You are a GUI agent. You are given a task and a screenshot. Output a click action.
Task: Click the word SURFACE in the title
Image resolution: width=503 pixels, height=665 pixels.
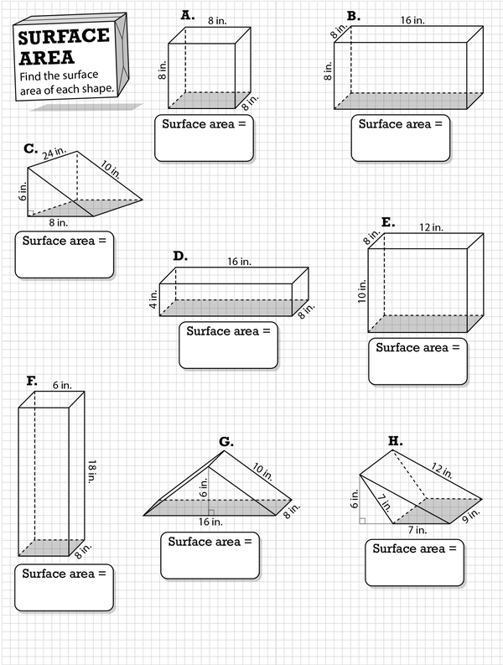coord(64,37)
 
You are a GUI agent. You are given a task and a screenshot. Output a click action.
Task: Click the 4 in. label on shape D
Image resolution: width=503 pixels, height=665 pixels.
coord(153,299)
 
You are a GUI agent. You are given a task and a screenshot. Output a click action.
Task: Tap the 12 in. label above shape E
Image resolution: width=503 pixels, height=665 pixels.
coord(432,227)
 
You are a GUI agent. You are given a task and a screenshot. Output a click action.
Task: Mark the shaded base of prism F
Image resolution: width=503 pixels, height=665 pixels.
coord(52,547)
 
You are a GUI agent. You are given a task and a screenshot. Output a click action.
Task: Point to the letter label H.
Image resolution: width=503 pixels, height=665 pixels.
coord(393,439)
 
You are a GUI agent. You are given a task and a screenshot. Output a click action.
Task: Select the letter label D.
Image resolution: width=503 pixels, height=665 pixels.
coord(179,256)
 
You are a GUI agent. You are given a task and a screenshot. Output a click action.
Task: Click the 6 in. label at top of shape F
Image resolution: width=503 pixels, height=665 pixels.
coord(60,385)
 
